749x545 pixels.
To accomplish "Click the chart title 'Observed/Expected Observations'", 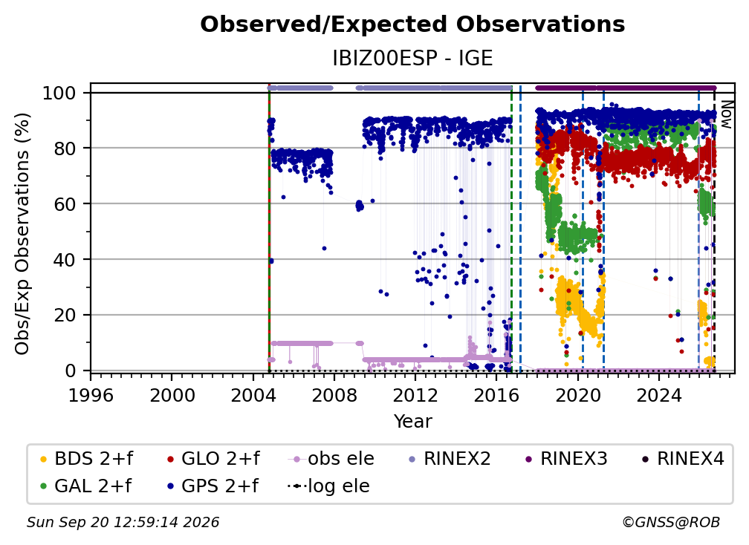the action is tap(412, 25).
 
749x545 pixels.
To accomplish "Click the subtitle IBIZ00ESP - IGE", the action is tap(412, 59).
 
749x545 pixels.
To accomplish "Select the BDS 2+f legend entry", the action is tap(86, 459).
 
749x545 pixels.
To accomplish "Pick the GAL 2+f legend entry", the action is tap(85, 486).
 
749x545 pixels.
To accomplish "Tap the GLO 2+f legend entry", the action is tap(213, 459).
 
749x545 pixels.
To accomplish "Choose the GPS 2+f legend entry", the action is tap(213, 486).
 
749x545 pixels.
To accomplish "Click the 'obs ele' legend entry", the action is tap(331, 459).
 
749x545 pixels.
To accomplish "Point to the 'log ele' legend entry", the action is tap(328, 486).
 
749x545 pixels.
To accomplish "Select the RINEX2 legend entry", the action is tap(450, 459).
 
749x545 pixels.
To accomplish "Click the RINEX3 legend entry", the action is tap(566, 459).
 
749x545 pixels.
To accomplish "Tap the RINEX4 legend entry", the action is tap(683, 459).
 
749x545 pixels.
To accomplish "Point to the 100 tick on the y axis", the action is tap(59, 93).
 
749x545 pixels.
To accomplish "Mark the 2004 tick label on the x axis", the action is tap(253, 396).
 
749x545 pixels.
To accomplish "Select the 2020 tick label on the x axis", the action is tap(577, 396).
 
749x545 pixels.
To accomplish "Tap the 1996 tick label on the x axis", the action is tap(91, 396).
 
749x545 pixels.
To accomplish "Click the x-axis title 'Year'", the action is tap(412, 422).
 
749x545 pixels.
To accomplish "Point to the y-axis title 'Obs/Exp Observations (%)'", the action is tap(22, 234).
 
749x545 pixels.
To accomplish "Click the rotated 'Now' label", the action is tap(725, 114).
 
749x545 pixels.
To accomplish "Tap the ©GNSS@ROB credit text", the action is tap(671, 522).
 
